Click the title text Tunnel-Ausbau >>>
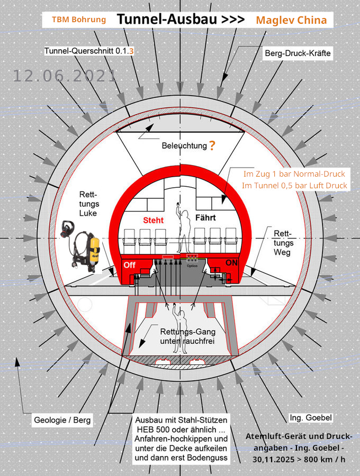[180, 20]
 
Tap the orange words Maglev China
[291, 20]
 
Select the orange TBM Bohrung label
[78, 20]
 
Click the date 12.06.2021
[64, 76]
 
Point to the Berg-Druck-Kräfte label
[298, 53]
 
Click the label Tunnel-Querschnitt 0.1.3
[89, 51]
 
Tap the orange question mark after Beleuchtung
[212, 145]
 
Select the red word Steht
[154, 220]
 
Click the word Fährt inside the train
[207, 217]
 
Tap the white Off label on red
[130, 265]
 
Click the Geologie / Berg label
[62, 421]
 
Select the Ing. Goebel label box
[311, 418]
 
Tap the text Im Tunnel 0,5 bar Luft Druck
[294, 185]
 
